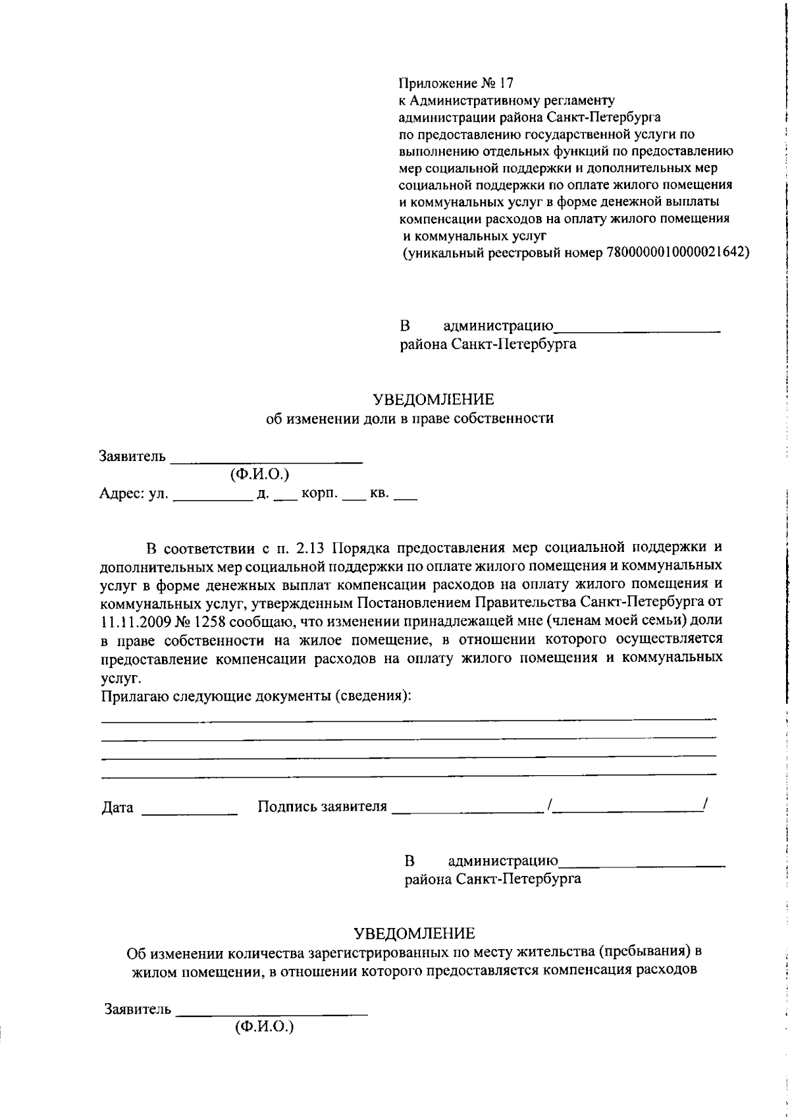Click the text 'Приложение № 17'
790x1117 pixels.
point(456,83)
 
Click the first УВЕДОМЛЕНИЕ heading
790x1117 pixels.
point(433,400)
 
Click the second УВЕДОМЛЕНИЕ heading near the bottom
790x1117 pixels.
point(414,933)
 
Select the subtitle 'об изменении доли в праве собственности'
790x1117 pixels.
point(409,418)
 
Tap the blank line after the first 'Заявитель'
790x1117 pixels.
point(267,461)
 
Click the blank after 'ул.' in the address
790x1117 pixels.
point(213,499)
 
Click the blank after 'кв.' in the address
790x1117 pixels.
point(406,499)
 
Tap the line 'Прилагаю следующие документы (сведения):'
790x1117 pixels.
point(256,695)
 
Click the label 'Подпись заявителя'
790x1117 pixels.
point(322,807)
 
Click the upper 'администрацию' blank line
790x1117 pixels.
point(637,329)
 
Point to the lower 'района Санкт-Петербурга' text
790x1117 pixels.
point(492,879)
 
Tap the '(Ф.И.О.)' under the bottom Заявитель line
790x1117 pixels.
point(264,1026)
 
